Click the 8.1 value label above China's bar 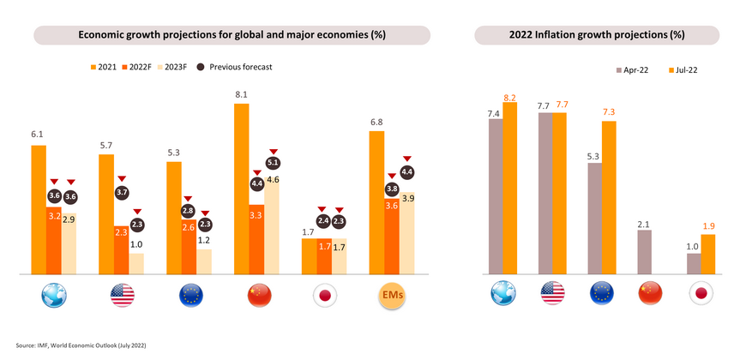[242, 95]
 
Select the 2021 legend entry [104, 66]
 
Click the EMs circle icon [391, 296]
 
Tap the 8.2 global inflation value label [509, 97]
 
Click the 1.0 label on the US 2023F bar [136, 245]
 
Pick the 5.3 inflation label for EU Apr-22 [594, 155]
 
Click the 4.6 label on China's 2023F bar [273, 179]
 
